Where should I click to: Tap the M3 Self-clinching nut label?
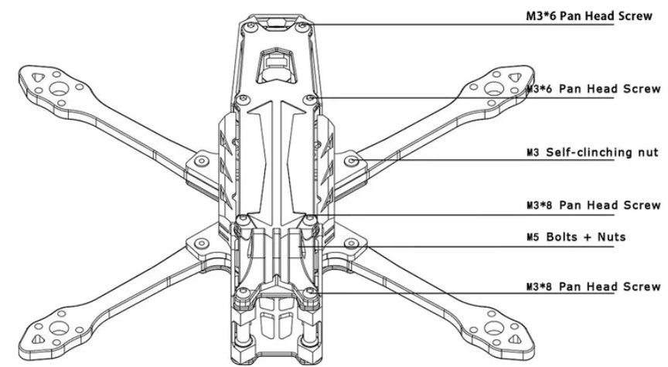click(591, 153)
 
